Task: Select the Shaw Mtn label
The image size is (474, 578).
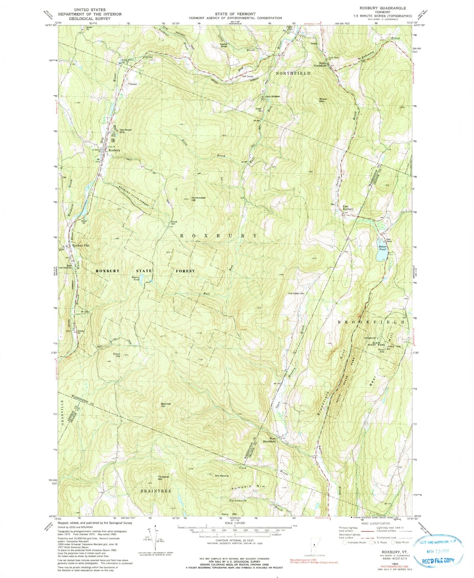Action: tap(324, 100)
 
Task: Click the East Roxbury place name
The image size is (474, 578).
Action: tap(348, 208)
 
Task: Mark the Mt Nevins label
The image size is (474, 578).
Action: tap(222, 476)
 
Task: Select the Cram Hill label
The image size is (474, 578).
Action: tap(117, 355)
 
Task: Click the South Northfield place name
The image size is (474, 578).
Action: tap(327, 64)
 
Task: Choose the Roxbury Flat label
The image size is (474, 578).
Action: tap(81, 245)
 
